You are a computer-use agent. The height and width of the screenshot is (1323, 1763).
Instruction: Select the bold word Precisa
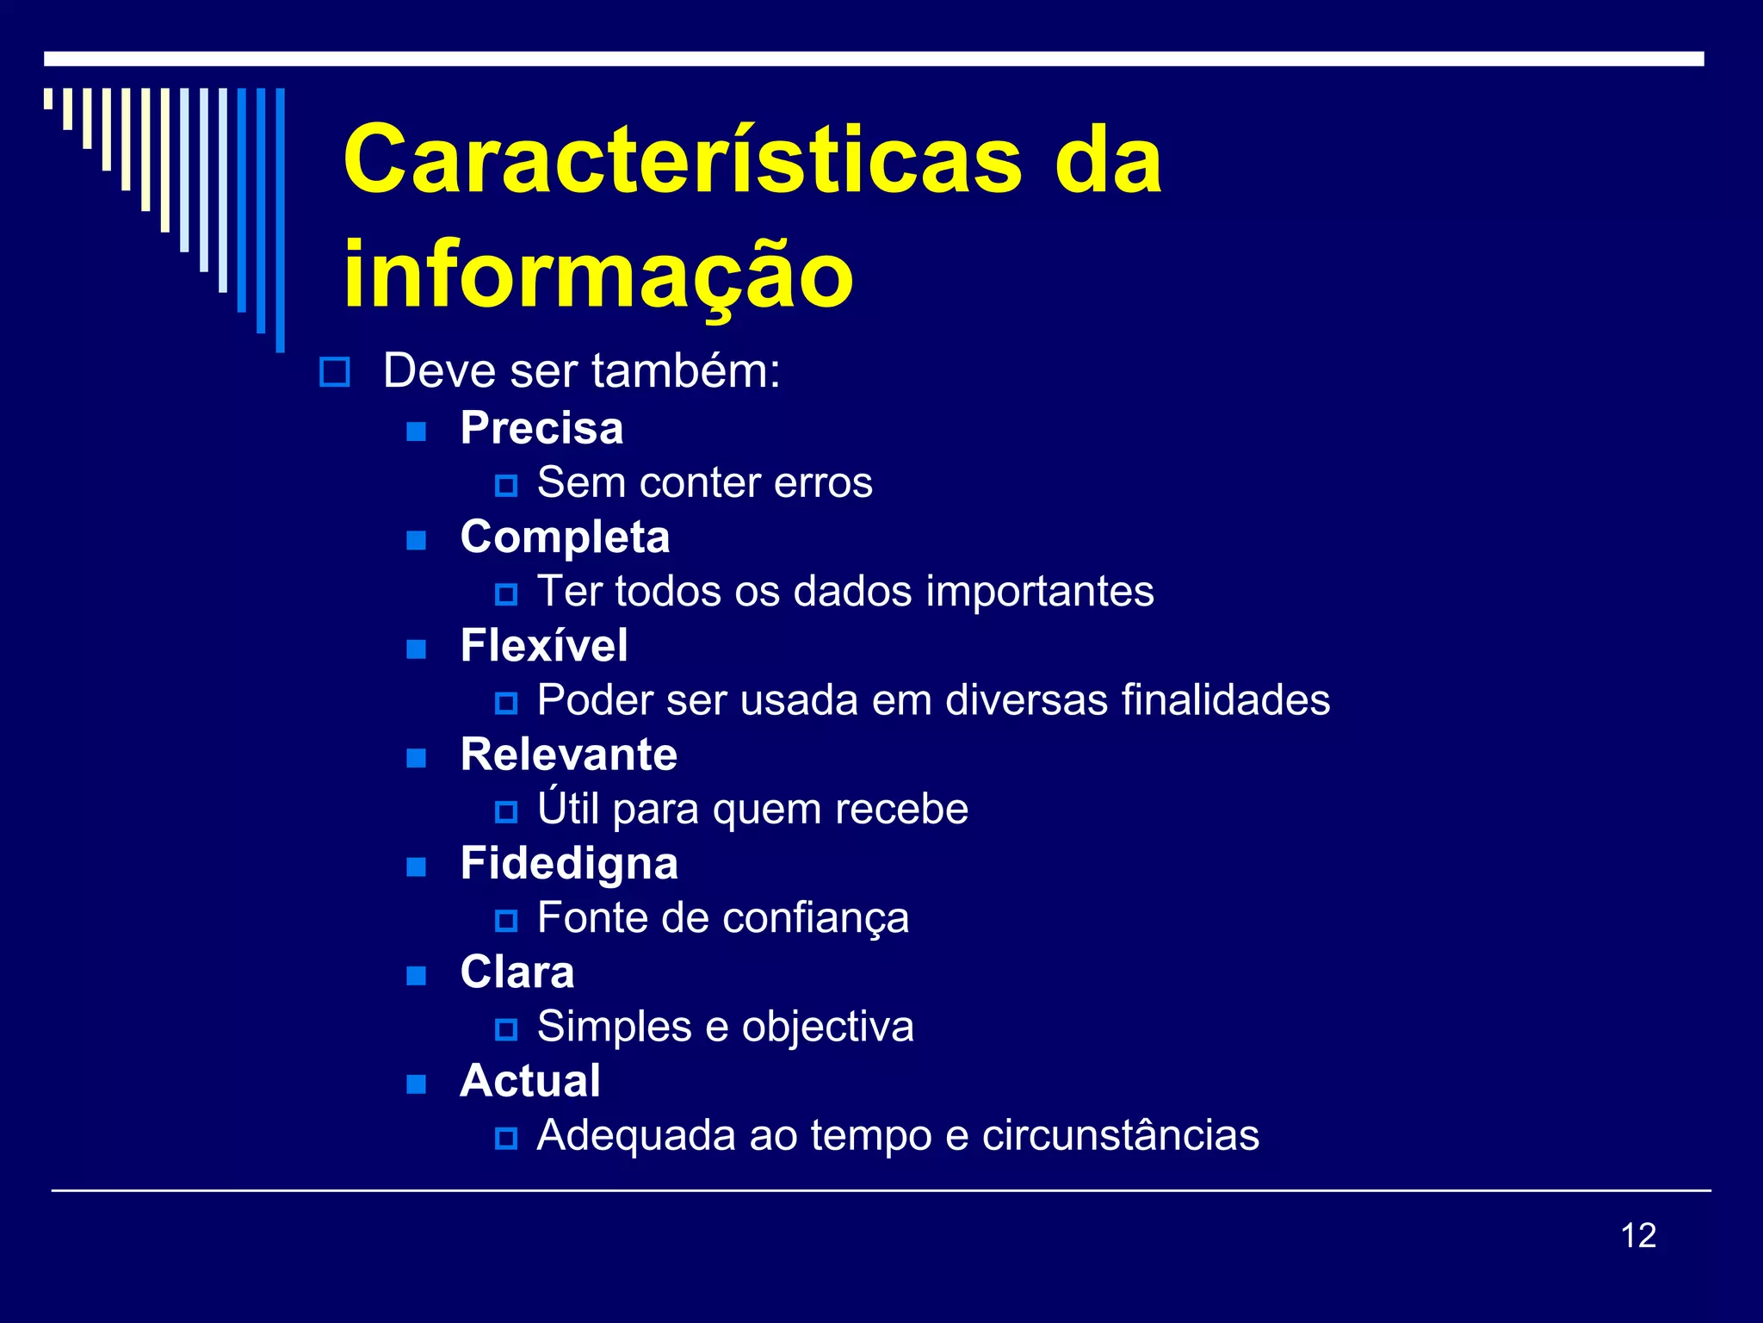coord(541,428)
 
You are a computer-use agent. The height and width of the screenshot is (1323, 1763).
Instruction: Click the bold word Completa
coord(565,537)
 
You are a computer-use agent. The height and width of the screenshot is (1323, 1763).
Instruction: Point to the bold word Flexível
coord(544,646)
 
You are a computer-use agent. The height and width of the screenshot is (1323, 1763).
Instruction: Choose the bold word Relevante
coord(568,755)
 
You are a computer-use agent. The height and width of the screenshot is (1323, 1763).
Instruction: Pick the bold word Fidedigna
coord(569,864)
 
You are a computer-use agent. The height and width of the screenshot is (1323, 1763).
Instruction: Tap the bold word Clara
coord(517,972)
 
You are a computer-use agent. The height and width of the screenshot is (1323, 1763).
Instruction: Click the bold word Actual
coord(530,1081)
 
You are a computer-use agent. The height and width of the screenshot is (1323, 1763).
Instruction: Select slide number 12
coord(1638,1236)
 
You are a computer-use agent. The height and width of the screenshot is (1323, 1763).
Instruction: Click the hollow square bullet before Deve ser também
coord(334,372)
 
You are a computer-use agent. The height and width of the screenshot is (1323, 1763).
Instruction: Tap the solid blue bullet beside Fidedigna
coord(417,866)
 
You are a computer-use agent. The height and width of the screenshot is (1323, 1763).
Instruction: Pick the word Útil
coord(568,808)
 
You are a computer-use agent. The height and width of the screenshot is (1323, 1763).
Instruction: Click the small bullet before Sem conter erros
coord(506,486)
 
